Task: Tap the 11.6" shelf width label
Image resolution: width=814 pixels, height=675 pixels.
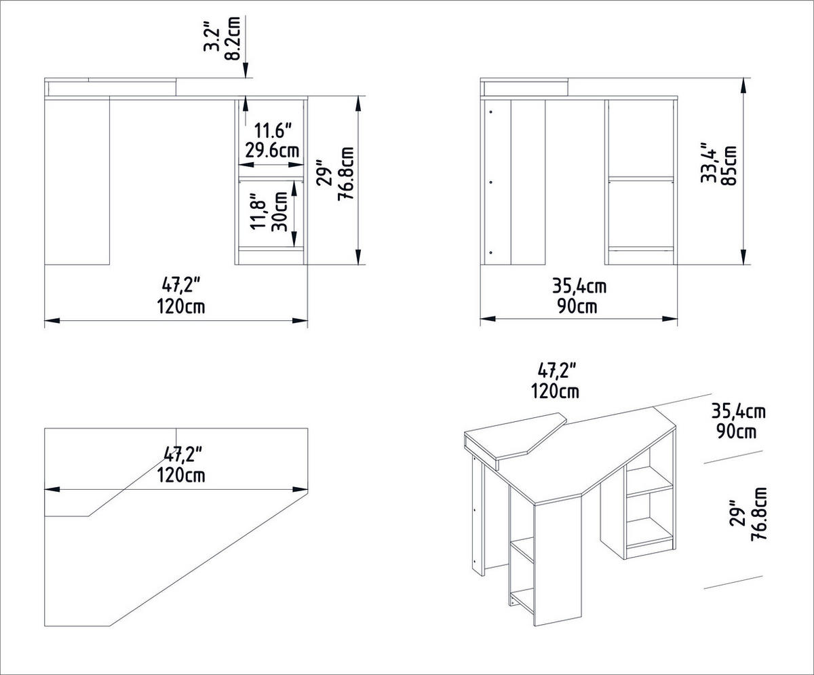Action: click(x=273, y=129)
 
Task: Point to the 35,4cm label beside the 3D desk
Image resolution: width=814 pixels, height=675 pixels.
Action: click(x=739, y=411)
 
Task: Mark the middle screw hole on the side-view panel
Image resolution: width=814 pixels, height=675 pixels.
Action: click(x=490, y=181)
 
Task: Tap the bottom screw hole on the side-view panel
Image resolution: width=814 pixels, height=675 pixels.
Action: click(x=490, y=252)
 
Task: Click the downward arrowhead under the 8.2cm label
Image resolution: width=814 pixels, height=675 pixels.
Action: click(x=246, y=71)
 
